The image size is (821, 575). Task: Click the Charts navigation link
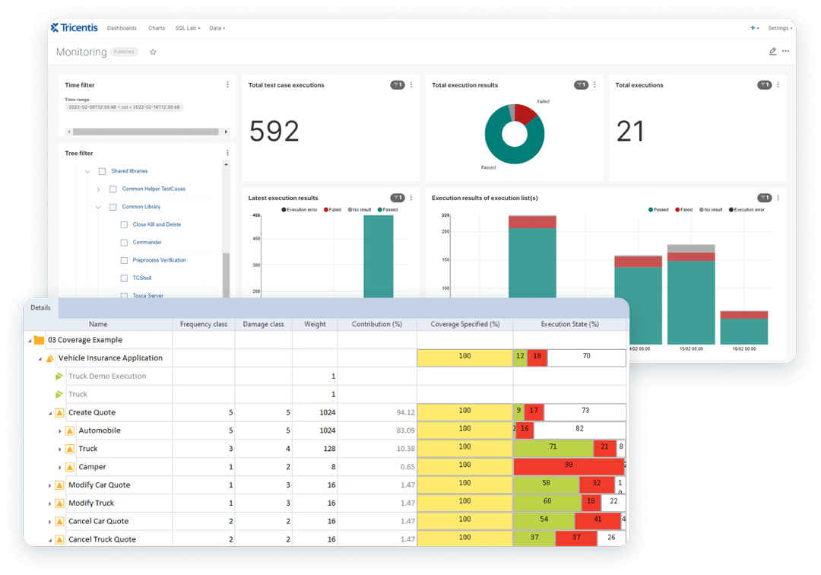pos(157,28)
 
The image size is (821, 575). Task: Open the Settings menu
pos(779,28)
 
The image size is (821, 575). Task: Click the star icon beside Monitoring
pos(153,52)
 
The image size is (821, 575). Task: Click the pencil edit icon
pos(772,52)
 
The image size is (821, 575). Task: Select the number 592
pos(274,132)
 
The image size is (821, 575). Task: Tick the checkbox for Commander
pos(124,243)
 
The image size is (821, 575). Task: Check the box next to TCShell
pos(124,278)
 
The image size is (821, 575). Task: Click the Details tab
pos(41,308)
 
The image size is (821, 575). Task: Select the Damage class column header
pos(263,324)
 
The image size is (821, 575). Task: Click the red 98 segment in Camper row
pos(568,465)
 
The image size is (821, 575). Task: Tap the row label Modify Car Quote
pos(99,485)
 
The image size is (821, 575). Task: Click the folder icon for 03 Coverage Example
pos(39,340)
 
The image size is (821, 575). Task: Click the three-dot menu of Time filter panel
pos(227,85)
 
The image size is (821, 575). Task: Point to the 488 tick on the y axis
pos(256,215)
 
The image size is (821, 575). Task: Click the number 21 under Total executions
pos(630,132)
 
